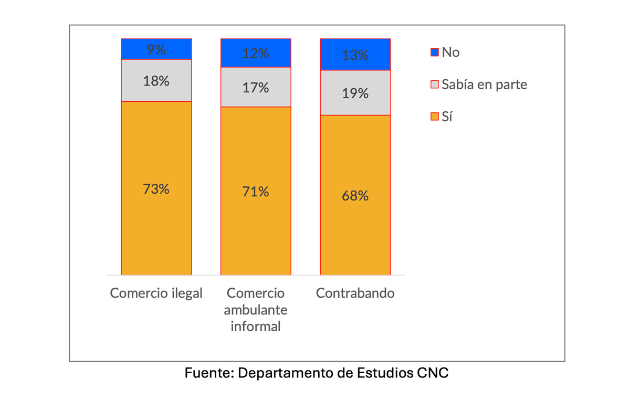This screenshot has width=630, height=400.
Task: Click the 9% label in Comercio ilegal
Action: tap(156, 50)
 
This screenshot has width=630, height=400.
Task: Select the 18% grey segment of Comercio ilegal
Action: tap(156, 80)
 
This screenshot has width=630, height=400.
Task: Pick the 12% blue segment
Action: tap(256, 53)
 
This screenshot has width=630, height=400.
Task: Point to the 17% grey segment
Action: tap(256, 87)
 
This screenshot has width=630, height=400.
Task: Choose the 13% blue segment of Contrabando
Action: tap(355, 55)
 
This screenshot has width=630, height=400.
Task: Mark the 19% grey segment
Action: tap(355, 93)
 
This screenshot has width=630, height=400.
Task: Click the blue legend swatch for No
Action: tap(434, 52)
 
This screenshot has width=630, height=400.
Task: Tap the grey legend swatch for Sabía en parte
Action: tap(434, 85)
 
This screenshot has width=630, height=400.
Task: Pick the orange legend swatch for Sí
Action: tap(434, 117)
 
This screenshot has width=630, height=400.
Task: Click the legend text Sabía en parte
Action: tap(484, 85)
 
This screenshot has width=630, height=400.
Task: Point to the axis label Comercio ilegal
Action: tap(156, 293)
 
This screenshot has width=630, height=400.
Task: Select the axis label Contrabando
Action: tap(355, 293)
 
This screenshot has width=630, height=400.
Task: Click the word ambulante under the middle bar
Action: tap(256, 310)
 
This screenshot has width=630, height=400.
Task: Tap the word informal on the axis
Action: tap(256, 326)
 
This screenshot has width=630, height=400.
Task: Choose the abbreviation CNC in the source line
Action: tap(433, 374)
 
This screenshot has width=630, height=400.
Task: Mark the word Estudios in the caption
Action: tap(385, 374)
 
